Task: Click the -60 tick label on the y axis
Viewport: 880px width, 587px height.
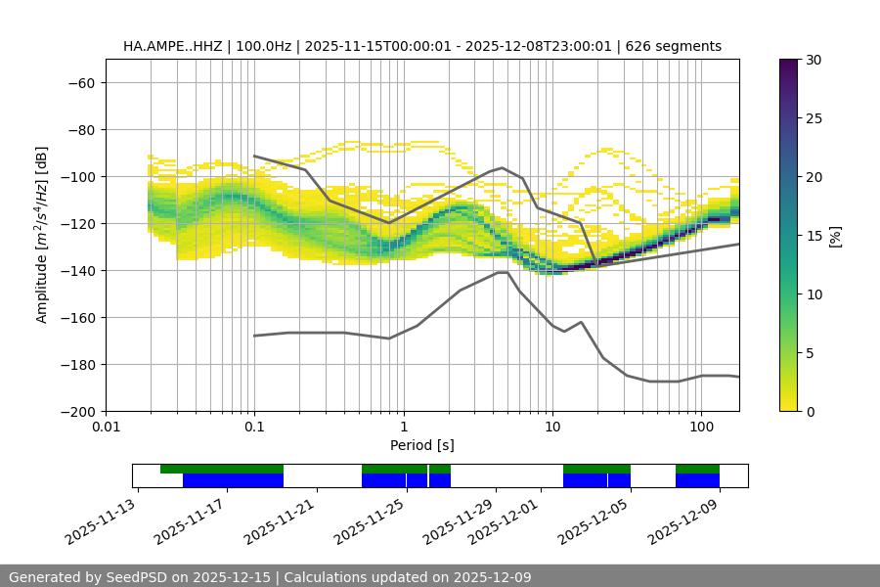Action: point(81,82)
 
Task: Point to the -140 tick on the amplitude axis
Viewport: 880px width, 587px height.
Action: point(81,270)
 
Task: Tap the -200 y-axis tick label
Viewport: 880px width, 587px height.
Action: point(81,411)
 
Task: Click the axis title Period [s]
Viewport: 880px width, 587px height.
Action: point(422,445)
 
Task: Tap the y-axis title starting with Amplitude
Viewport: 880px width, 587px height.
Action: point(42,235)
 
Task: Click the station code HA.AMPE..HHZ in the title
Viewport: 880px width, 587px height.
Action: point(170,46)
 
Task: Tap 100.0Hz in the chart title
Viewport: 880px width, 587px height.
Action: point(262,46)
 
